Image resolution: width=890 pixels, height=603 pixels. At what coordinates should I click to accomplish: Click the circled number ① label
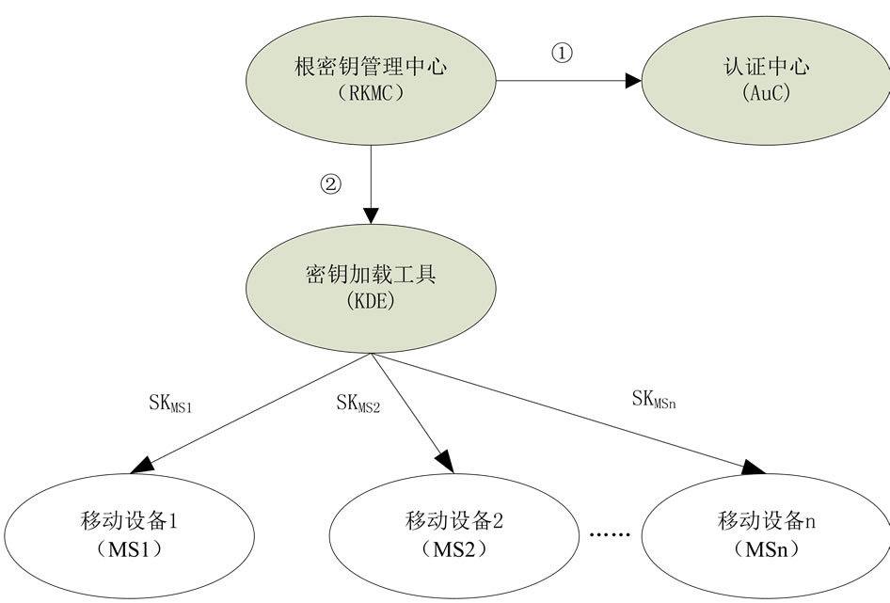click(562, 54)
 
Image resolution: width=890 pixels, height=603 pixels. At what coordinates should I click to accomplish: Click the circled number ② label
click(329, 184)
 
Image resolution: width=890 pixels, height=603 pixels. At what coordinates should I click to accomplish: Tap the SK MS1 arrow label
click(170, 403)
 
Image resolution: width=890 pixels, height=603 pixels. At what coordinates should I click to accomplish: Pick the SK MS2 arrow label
click(358, 403)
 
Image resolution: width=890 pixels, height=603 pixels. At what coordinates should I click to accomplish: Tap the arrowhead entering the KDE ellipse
click(372, 212)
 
